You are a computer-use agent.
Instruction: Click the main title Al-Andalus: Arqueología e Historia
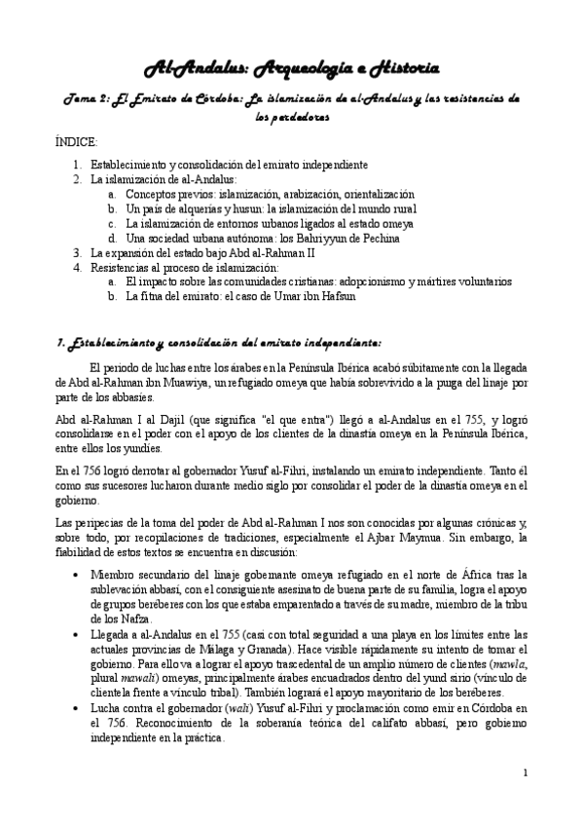[x=291, y=67]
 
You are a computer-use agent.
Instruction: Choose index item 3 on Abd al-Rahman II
[x=224, y=251]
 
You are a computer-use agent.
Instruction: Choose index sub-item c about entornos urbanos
[x=257, y=223]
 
